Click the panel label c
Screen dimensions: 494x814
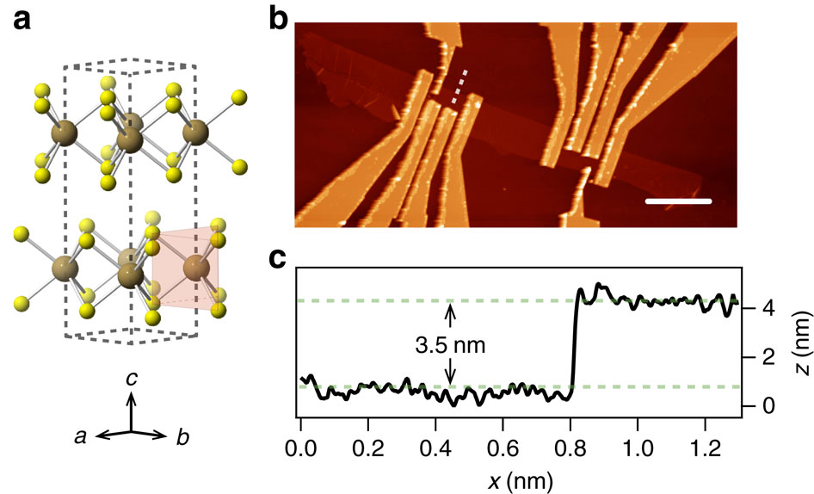279,261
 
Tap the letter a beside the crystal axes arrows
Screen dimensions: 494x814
80,437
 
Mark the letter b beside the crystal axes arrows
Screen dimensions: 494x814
182,437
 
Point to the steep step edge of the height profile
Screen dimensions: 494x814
573,344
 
